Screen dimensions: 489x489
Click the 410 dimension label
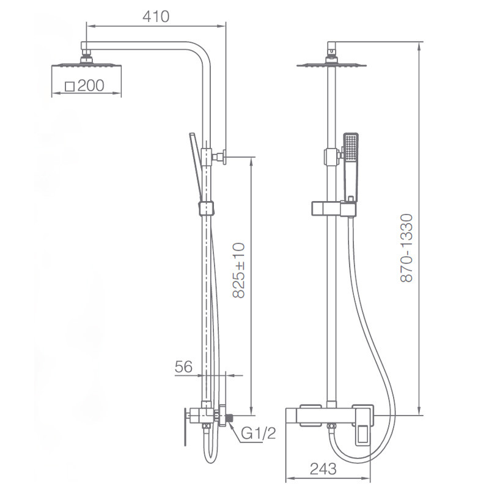tap(156, 17)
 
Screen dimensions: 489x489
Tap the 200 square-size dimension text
tap(90, 86)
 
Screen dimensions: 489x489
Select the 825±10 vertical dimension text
tap(239, 270)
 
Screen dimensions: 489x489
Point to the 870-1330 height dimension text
tap(406, 248)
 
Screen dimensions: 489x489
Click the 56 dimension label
tap(183, 367)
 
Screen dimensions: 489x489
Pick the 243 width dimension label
tap(323, 469)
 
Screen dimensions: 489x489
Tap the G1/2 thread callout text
tap(259, 433)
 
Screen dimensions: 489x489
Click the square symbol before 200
tap(70, 86)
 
